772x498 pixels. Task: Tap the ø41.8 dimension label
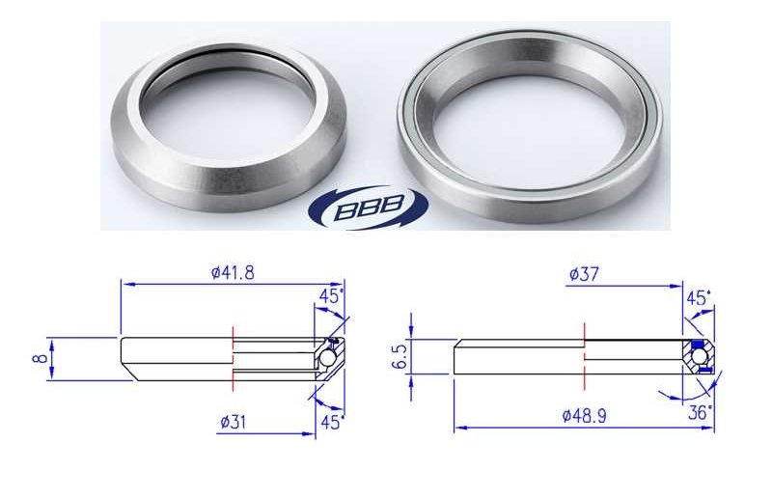(x=234, y=273)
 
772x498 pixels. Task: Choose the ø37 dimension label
(x=586, y=274)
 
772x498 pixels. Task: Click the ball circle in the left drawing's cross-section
(x=329, y=358)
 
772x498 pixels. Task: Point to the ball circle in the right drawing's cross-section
(x=698, y=357)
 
